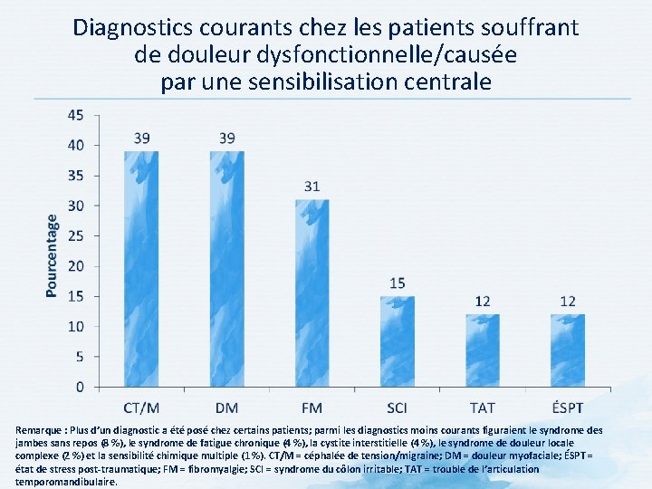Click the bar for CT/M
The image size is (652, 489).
[142, 269]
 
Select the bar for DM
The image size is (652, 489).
[227, 269]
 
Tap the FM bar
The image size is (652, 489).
[312, 293]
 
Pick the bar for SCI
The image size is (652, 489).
[398, 341]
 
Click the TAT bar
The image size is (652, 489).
[483, 350]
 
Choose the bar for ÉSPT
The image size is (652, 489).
[568, 350]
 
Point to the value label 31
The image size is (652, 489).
[312, 187]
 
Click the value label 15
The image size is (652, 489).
[398, 283]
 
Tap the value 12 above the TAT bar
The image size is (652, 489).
[483, 302]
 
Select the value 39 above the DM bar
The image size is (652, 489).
[227, 138]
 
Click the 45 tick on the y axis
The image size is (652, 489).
[77, 115]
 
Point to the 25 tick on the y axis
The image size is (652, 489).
[77, 235]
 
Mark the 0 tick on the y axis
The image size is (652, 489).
[81, 387]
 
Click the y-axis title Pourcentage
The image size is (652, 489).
[52, 255]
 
